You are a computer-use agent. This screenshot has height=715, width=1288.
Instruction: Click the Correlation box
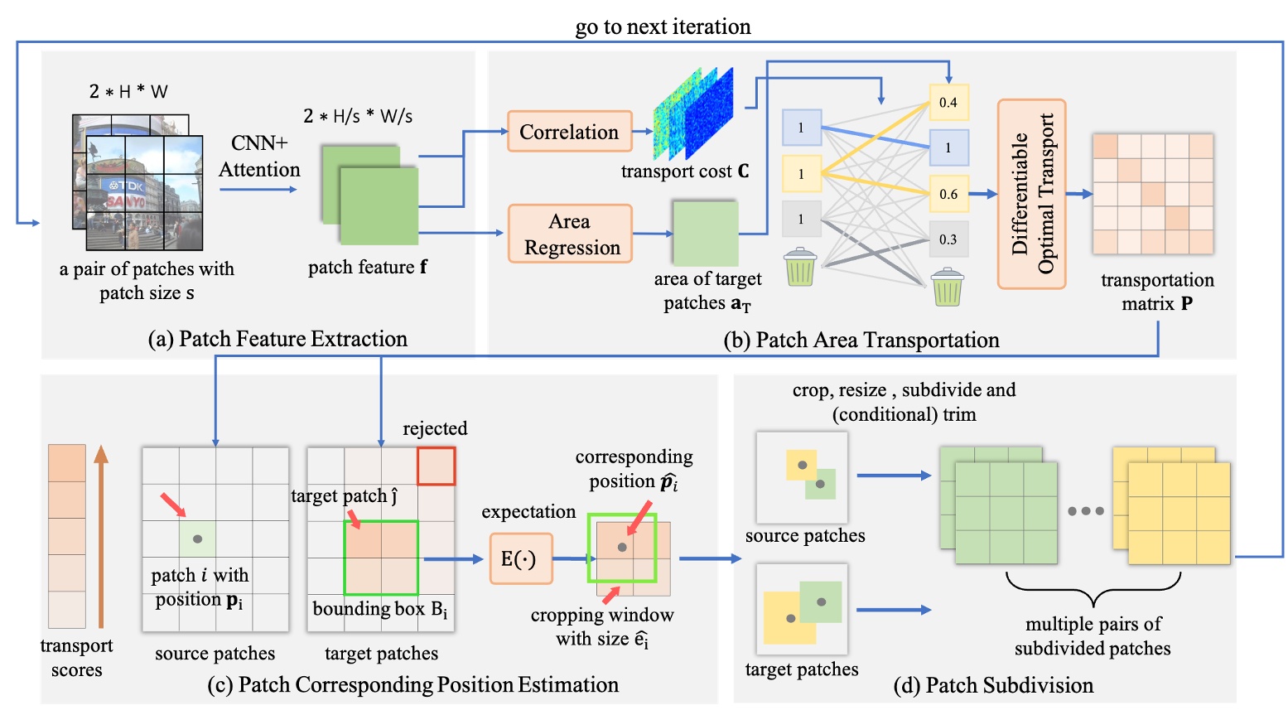pos(569,132)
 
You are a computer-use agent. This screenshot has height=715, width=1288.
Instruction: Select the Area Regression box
pos(570,234)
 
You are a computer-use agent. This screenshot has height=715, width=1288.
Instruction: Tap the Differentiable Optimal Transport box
pos(1031,194)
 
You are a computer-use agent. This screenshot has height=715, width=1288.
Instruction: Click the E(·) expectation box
pos(519,559)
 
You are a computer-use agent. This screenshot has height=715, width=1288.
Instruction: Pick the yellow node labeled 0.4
pos(948,103)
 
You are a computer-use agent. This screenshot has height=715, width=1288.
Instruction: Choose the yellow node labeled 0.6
pos(948,194)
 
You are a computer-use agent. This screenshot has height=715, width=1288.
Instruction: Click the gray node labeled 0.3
pos(948,239)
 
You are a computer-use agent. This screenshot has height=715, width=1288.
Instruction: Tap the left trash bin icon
pos(800,267)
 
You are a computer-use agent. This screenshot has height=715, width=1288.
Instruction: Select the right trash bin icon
pos(947,287)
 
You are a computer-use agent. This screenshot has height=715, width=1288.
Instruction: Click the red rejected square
pos(436,466)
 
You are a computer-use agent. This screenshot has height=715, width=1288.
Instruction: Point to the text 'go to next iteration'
pos(663,27)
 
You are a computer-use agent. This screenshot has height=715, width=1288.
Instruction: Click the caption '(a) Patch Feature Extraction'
pos(277,339)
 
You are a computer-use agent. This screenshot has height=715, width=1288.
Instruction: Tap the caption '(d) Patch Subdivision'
pos(993,685)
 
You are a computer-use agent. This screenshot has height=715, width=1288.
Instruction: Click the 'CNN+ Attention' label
pos(259,156)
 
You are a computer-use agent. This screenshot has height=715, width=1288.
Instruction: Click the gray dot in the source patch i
pos(197,539)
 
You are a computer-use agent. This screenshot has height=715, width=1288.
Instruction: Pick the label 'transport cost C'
pos(685,172)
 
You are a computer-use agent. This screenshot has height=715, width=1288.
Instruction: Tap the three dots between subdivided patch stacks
pos(1085,511)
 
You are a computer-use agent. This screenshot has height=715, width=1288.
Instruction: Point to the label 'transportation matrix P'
pos(1157,292)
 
